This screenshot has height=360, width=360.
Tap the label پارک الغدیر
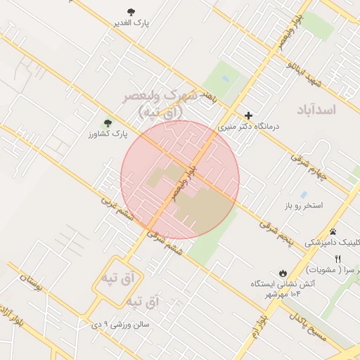click(131, 22)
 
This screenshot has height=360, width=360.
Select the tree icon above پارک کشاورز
click(108, 122)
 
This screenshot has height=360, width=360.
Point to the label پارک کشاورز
click(111, 133)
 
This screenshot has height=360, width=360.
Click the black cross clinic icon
click(248, 116)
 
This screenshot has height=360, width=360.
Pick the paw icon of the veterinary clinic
click(333, 231)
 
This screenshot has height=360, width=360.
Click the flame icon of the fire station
click(283, 273)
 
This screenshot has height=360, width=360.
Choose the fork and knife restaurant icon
click(338, 260)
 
